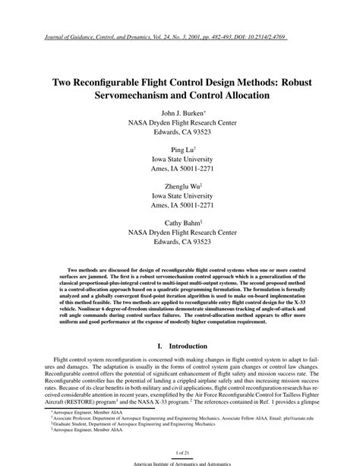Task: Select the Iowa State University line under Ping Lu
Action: click(180, 161)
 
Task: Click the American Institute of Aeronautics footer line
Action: click(180, 462)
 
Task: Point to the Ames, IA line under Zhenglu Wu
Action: click(180, 206)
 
